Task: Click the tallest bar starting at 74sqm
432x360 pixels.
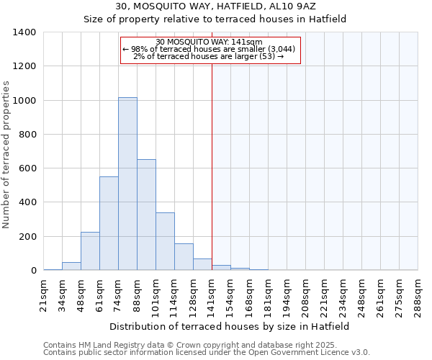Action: click(x=127, y=184)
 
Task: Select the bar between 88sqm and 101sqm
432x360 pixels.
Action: click(x=146, y=215)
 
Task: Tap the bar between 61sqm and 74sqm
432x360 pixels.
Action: click(x=109, y=223)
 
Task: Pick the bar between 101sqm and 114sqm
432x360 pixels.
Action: click(x=165, y=241)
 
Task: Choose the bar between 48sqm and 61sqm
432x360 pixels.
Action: click(x=90, y=251)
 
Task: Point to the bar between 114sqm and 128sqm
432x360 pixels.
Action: click(x=184, y=257)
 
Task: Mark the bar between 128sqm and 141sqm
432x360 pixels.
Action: click(x=202, y=264)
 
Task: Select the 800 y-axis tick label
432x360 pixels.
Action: click(x=27, y=135)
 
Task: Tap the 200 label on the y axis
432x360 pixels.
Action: click(x=27, y=237)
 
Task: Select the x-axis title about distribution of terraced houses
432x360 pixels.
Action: click(x=230, y=326)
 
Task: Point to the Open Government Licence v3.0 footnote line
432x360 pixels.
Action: click(x=207, y=352)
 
